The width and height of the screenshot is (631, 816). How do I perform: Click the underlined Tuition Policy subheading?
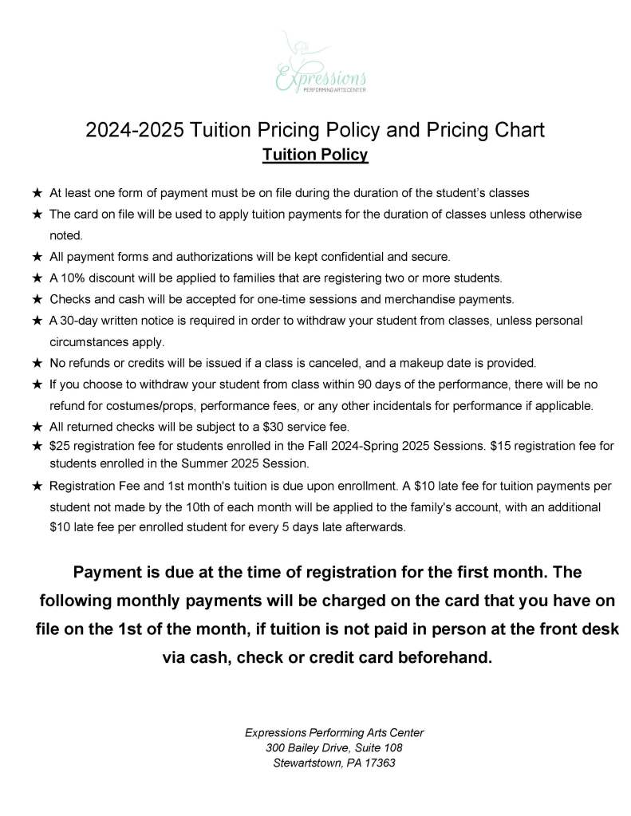pyautogui.click(x=315, y=155)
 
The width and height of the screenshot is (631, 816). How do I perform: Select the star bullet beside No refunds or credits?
pyautogui.click(x=37, y=363)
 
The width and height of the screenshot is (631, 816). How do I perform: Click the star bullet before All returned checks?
pyautogui.click(x=37, y=426)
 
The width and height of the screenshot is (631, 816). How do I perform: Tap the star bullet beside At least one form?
pyautogui.click(x=37, y=193)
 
